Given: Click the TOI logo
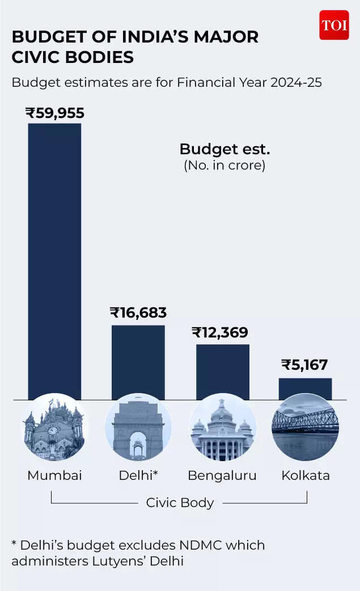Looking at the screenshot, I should pyautogui.click(x=334, y=25).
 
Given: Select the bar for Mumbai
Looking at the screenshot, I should pyautogui.click(x=54, y=261).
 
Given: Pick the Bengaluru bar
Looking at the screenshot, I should pyautogui.click(x=222, y=372).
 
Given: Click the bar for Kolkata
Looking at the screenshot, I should pyautogui.click(x=305, y=389).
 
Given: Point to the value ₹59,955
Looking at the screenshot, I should pyautogui.click(x=54, y=113).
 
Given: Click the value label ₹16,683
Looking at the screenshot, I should pyautogui.click(x=138, y=313).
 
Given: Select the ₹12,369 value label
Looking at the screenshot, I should pyautogui.click(x=220, y=332).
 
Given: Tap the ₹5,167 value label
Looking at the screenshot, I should pyautogui.click(x=304, y=365).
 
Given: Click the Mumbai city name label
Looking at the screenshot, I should pyautogui.click(x=54, y=475).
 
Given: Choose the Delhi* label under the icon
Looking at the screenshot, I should pyautogui.click(x=138, y=475).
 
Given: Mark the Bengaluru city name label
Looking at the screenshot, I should pyautogui.click(x=222, y=475).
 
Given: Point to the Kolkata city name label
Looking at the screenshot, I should pyautogui.click(x=306, y=475).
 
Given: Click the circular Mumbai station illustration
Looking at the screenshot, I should pyautogui.click(x=54, y=427).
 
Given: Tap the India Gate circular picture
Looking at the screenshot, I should pyautogui.click(x=138, y=427).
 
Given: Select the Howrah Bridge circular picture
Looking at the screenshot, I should pyautogui.click(x=305, y=427).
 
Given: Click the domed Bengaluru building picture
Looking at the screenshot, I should pyautogui.click(x=222, y=427).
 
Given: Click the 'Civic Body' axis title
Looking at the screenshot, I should pyautogui.click(x=180, y=503).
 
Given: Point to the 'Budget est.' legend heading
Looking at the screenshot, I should pyautogui.click(x=225, y=149).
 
